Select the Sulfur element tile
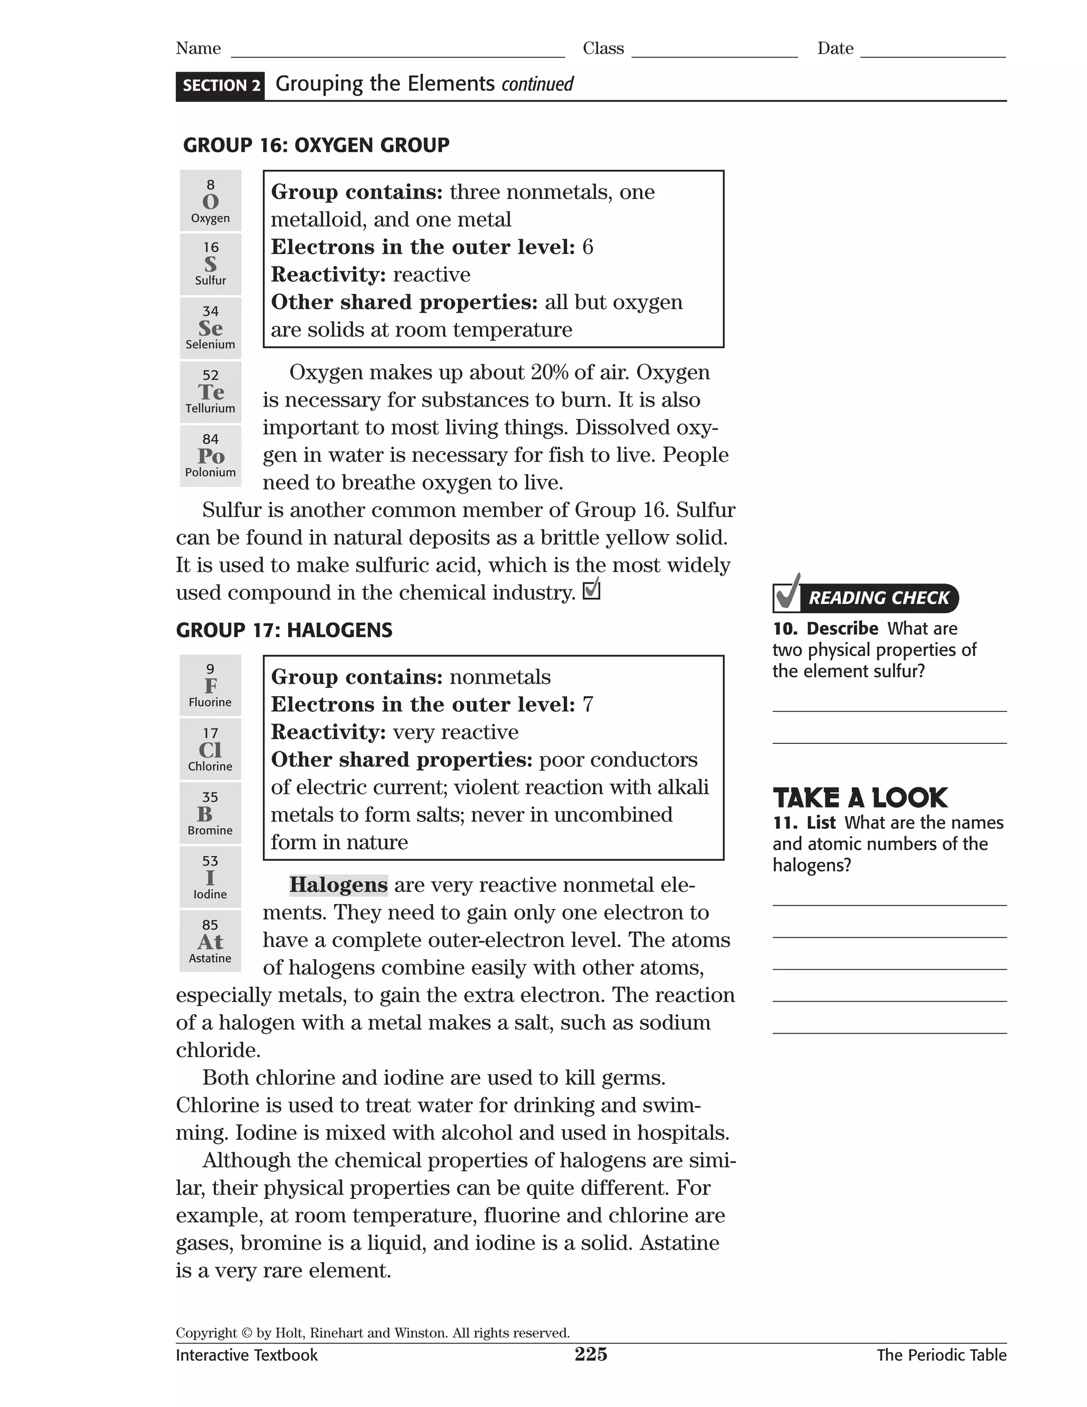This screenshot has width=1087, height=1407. pyautogui.click(x=210, y=264)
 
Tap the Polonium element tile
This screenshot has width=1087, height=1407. pyautogui.click(x=210, y=456)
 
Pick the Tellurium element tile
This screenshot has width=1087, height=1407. pyautogui.click(x=210, y=392)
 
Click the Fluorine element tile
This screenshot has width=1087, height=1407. pyautogui.click(x=210, y=685)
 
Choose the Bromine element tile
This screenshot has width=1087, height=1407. pyautogui.click(x=210, y=813)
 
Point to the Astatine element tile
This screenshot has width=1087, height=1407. pyautogui.click(x=210, y=941)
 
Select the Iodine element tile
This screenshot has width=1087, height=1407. pyautogui.click(x=210, y=877)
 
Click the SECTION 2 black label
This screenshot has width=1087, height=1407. pyautogui.click(x=220, y=85)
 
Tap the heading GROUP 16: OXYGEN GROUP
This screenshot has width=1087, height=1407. pyautogui.click(x=316, y=145)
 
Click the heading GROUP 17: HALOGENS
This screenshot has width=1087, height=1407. pyautogui.click(x=284, y=630)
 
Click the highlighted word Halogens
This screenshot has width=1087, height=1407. pyautogui.click(x=338, y=885)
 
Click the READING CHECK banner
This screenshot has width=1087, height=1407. pyautogui.click(x=866, y=597)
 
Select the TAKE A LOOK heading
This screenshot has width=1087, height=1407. pyautogui.click(x=860, y=797)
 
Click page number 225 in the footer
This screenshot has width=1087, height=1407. pyautogui.click(x=591, y=1354)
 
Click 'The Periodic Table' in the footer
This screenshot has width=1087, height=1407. pyautogui.click(x=941, y=1355)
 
